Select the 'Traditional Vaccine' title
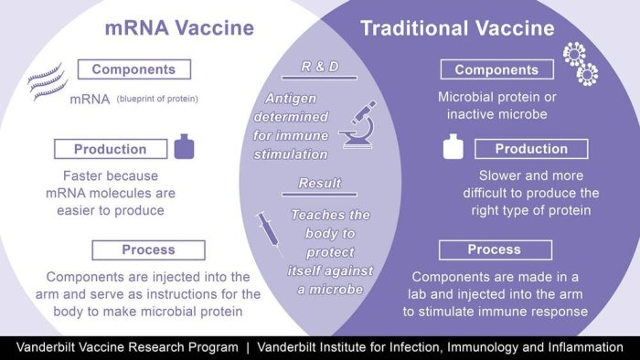457,27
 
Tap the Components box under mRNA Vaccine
134,69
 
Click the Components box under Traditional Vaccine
496,69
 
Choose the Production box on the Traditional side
531,149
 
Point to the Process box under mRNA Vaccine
149,249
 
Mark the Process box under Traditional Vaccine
495,249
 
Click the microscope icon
358,125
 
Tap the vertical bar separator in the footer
248,347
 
